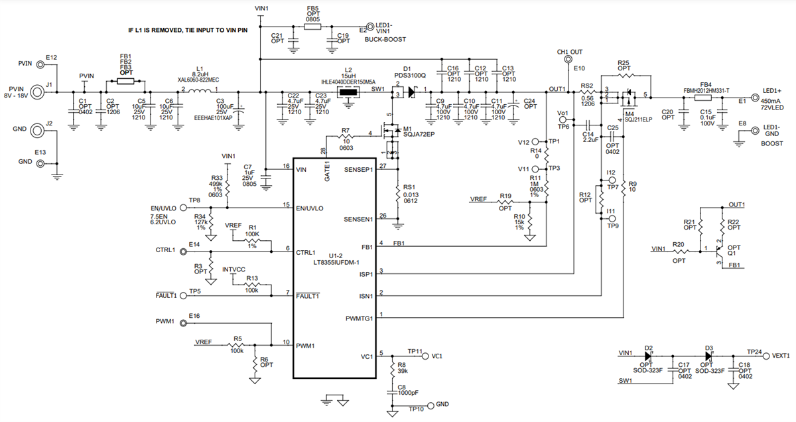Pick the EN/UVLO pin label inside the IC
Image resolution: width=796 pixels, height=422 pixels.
[310, 208]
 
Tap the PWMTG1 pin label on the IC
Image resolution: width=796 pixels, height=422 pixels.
[360, 318]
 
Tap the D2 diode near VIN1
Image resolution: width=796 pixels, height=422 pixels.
[649, 356]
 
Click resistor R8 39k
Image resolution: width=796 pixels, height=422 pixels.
[394, 369]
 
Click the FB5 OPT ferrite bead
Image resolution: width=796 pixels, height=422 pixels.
[312, 27]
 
